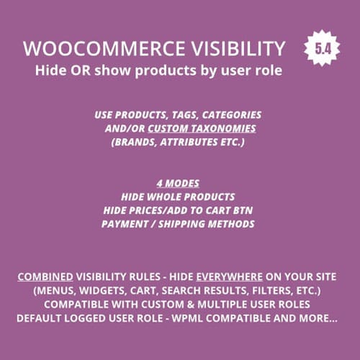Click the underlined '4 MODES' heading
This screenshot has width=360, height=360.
(x=178, y=184)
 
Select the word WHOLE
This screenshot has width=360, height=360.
(x=170, y=197)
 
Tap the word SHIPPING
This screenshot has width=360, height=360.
(x=186, y=223)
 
